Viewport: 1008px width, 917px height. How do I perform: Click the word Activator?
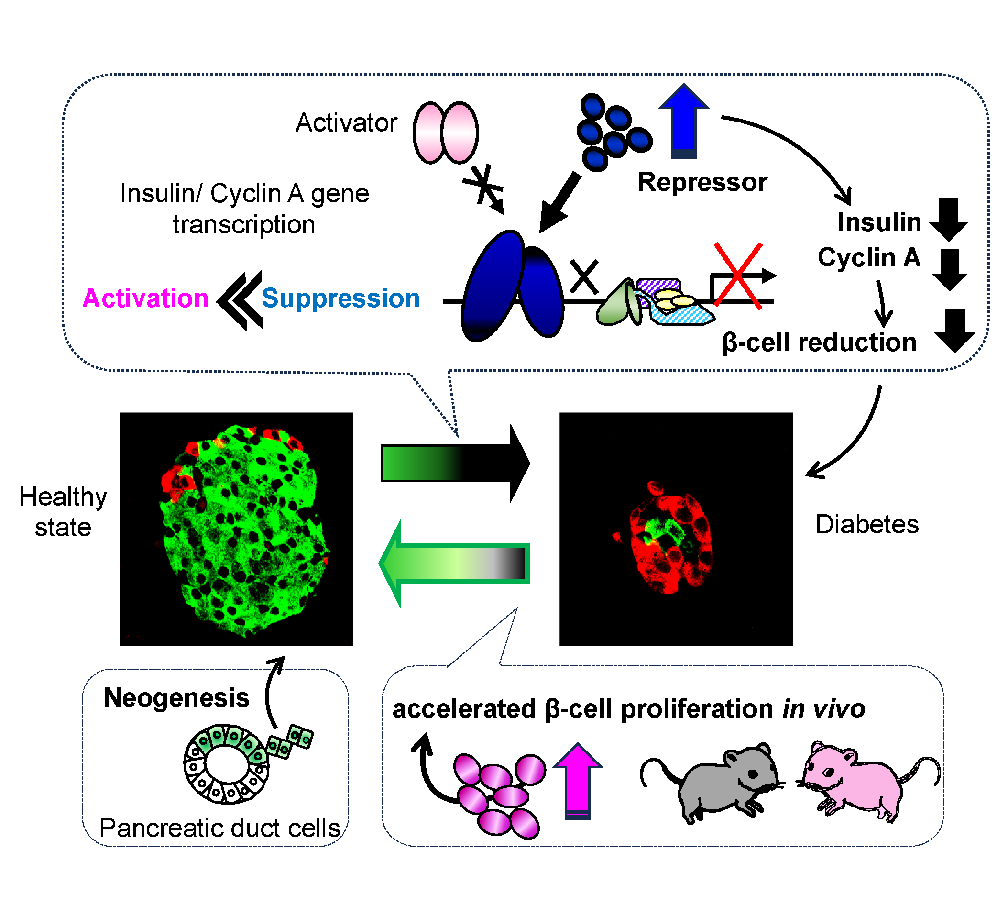click(x=346, y=123)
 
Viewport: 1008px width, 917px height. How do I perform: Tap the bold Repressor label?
click(x=702, y=182)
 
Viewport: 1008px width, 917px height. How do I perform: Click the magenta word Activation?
click(x=145, y=298)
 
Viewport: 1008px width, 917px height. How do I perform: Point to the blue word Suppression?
click(x=340, y=298)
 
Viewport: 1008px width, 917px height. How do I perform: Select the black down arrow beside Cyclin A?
click(x=950, y=270)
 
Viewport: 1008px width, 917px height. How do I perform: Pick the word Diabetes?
click(x=866, y=525)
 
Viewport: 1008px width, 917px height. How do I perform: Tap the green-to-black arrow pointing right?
click(x=455, y=464)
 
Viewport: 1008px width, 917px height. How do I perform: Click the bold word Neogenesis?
click(x=176, y=698)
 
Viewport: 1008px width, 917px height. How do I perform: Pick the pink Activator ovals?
click(x=446, y=133)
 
